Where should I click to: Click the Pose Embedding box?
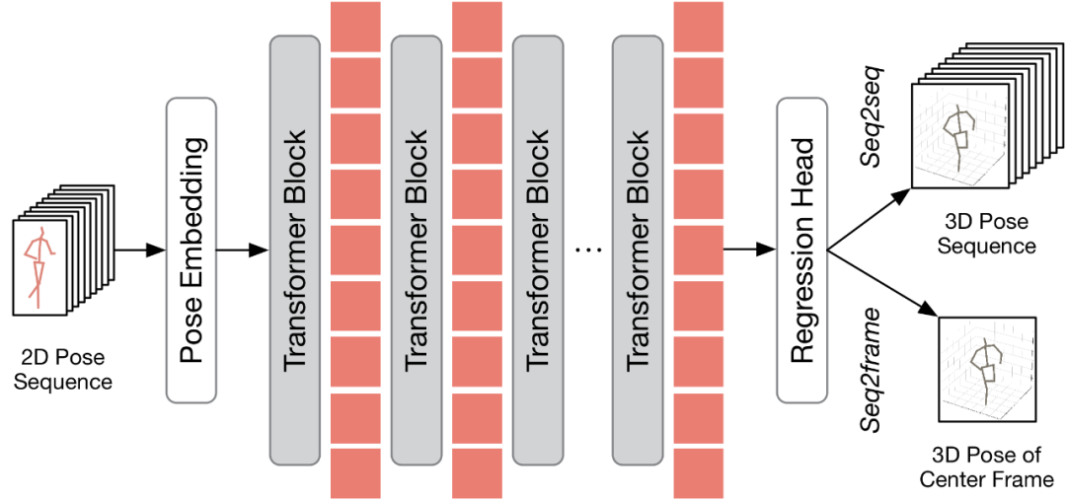click(190, 250)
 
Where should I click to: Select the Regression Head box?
click(801, 250)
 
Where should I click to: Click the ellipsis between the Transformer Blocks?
click(587, 250)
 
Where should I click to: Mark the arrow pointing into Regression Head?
click(749, 250)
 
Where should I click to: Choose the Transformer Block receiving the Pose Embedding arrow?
click(295, 250)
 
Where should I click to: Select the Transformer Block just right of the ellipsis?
click(637, 250)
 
